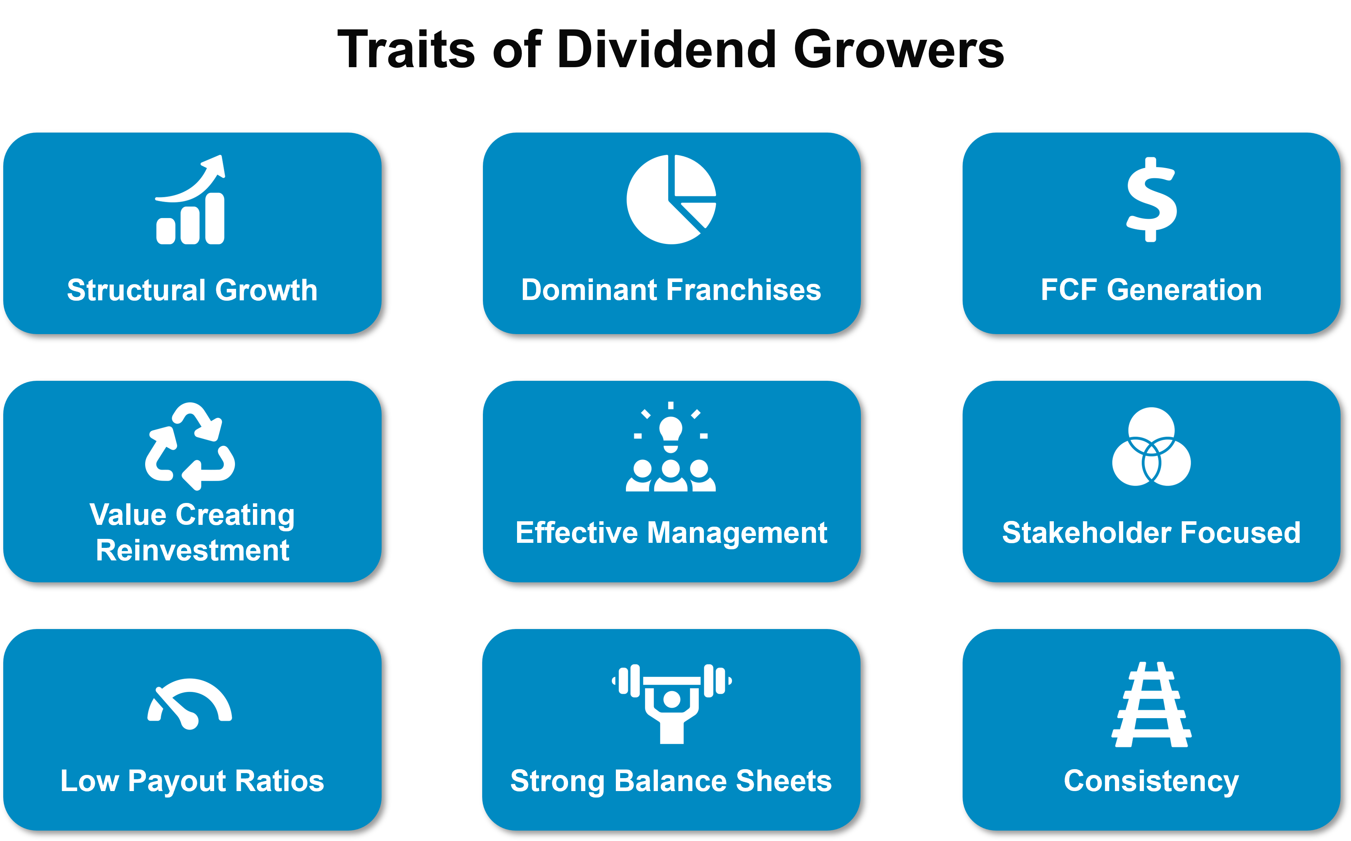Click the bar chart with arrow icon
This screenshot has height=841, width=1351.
click(x=190, y=200)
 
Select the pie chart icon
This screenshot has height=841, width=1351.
click(x=671, y=199)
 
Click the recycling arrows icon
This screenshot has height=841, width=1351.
click(x=190, y=446)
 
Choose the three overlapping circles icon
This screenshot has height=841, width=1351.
click(x=1151, y=447)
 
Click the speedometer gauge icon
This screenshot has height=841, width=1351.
click(x=190, y=704)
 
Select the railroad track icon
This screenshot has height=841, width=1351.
click(x=1151, y=704)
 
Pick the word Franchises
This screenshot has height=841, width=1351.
click(x=744, y=290)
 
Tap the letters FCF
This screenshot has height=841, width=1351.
click(x=1069, y=290)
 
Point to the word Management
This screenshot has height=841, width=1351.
click(x=738, y=533)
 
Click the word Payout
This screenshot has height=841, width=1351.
click(x=177, y=781)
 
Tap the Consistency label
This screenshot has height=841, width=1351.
click(x=1151, y=781)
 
